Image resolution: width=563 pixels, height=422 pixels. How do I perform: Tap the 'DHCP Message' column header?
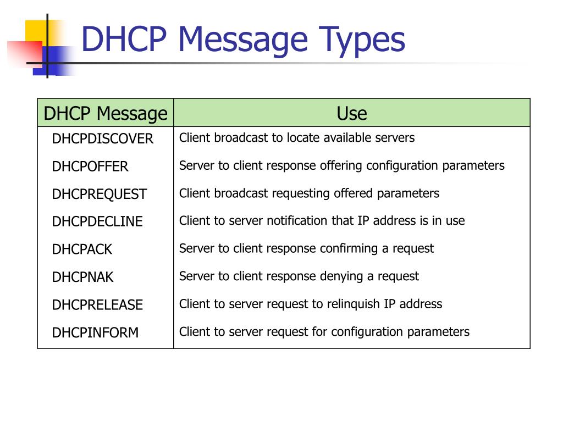point(105,114)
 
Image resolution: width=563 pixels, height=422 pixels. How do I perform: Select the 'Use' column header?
point(351,114)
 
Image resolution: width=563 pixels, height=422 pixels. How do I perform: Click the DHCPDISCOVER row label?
point(102,139)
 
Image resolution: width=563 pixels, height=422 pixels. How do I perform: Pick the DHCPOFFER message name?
point(90,166)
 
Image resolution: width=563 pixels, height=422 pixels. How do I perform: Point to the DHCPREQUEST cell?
point(100,195)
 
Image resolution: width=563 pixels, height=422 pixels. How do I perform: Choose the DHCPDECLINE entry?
point(97,222)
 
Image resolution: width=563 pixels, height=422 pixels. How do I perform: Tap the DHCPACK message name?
point(82,249)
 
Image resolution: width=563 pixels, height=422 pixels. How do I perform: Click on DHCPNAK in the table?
point(82,277)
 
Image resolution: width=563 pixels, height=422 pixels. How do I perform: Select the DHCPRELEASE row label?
point(97,305)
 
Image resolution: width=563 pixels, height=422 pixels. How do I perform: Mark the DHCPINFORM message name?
point(95,332)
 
